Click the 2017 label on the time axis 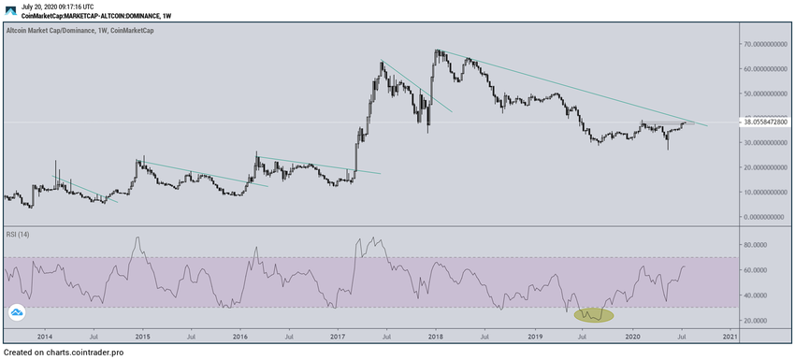(338, 335)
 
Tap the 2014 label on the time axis (44, 335)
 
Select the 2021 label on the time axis (729, 335)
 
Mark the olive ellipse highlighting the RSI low (593, 315)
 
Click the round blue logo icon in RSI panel (17, 313)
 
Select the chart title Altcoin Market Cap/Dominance (54, 31)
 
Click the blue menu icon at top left (8, 11)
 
